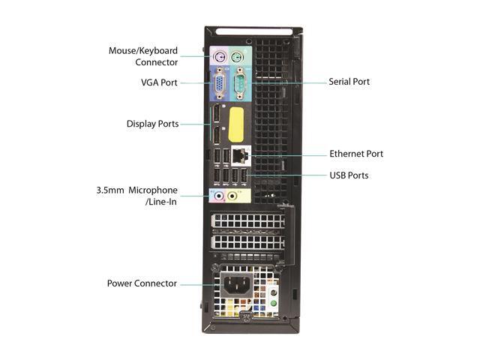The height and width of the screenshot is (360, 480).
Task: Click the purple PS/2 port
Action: (219, 57)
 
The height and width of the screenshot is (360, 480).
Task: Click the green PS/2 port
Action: (237, 57)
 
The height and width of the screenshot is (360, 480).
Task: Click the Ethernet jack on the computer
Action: (241, 154)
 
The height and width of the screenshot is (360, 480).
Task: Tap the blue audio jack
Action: (218, 196)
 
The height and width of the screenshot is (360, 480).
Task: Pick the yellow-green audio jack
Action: (233, 196)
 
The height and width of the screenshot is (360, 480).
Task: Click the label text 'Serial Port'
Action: (349, 81)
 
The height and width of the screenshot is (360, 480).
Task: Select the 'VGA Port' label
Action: (159, 82)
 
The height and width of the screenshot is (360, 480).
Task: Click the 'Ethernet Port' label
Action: (355, 154)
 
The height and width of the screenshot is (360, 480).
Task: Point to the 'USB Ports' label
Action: (349, 175)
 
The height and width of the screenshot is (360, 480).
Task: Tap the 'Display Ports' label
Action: (152, 124)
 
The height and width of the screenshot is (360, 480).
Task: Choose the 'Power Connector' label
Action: (142, 283)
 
